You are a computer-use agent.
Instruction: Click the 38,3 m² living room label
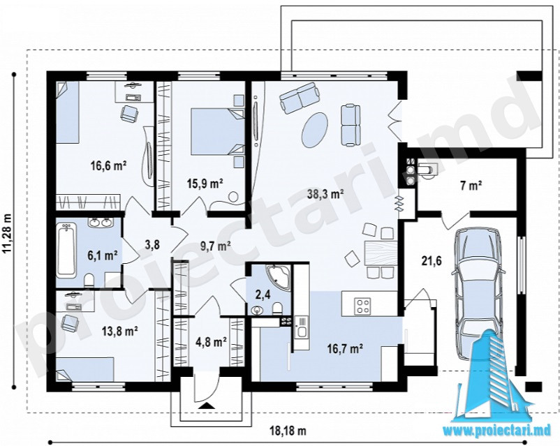pyautogui.click(x=325, y=194)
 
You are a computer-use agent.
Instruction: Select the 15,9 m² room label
pyautogui.click(x=205, y=184)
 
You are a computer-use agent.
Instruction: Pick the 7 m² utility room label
pyautogui.click(x=471, y=186)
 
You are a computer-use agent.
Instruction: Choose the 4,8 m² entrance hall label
pyautogui.click(x=211, y=343)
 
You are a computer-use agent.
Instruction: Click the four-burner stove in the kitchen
pyautogui.click(x=362, y=306)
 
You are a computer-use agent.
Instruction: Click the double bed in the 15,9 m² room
pyautogui.click(x=217, y=132)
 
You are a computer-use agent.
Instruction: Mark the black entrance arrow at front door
pyautogui.click(x=206, y=405)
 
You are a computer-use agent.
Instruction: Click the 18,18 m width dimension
pyautogui.click(x=288, y=430)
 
